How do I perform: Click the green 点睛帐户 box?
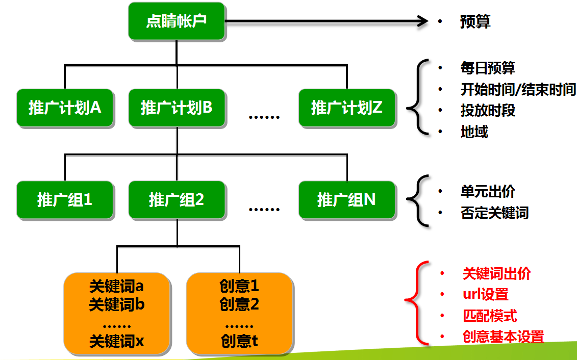pyautogui.click(x=177, y=21)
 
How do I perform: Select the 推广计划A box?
pyautogui.click(x=65, y=108)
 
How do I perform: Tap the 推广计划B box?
pyautogui.click(x=177, y=108)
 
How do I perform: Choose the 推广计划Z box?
pyautogui.click(x=347, y=108)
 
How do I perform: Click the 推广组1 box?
pyautogui.click(x=65, y=199)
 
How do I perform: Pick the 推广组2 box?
pyautogui.click(x=177, y=199)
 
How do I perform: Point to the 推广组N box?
pyautogui.click(x=347, y=199)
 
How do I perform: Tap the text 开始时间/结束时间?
pyautogui.click(x=518, y=90)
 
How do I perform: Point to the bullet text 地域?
pyautogui.click(x=474, y=132)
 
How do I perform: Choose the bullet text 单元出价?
pyautogui.click(x=488, y=192)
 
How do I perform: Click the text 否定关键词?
pyautogui.click(x=494, y=213)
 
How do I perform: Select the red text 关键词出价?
pyautogui.click(x=496, y=273)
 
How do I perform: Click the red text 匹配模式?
pyautogui.click(x=490, y=316)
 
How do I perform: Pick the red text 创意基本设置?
pyautogui.click(x=503, y=337)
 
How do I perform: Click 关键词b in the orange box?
pyautogui.click(x=117, y=305)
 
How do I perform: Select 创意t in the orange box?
pyautogui.click(x=239, y=341)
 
